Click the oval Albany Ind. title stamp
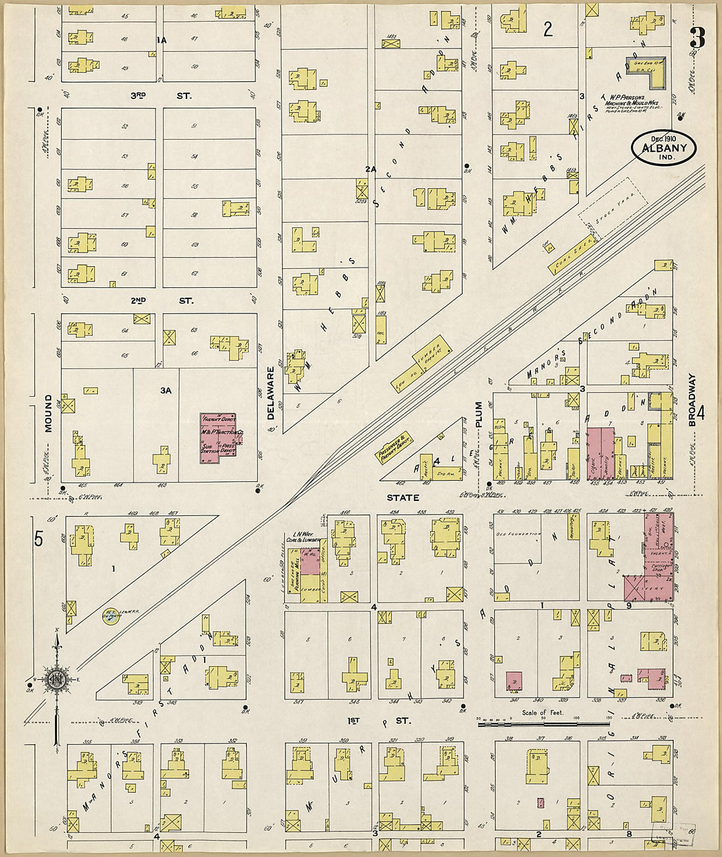(x=664, y=148)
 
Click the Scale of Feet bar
(x=543, y=724)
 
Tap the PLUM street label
(x=478, y=414)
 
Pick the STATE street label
(x=402, y=498)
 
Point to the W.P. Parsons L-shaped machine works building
(x=650, y=72)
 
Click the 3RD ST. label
(x=161, y=96)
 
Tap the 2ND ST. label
(x=161, y=301)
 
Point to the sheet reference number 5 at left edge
(x=39, y=539)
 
